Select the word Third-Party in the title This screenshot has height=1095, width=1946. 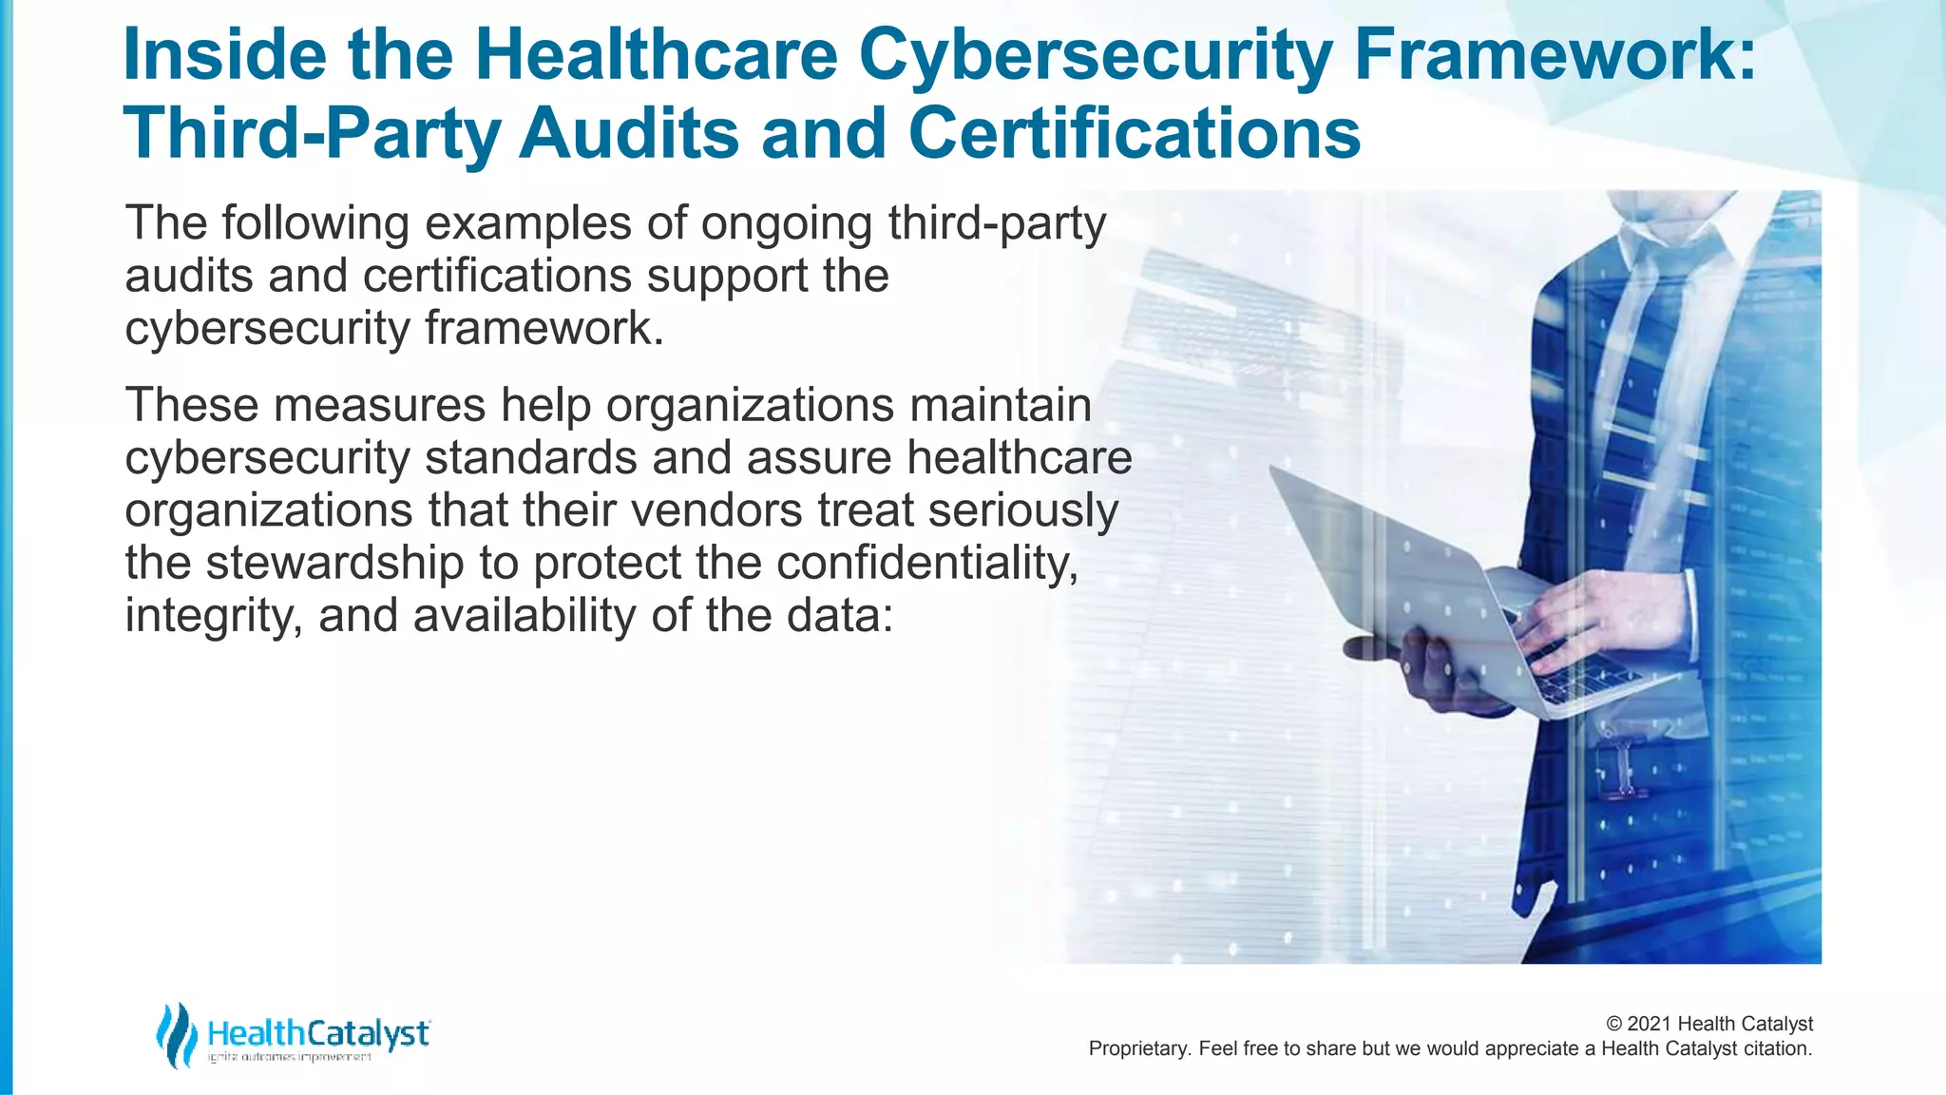[312, 135]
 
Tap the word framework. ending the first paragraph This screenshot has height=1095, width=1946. [544, 328]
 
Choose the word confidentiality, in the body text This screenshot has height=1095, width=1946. [927, 563]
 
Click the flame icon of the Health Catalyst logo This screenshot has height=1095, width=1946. [177, 1034]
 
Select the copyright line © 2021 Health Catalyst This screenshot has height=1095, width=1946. [1708, 1024]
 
